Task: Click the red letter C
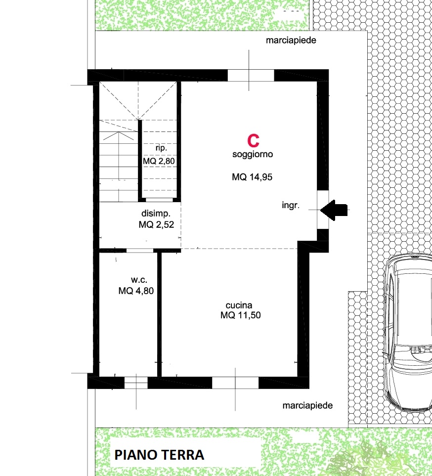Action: (253, 140)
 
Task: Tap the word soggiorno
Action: (253, 154)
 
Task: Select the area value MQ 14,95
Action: (252, 177)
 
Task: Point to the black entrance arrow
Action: (334, 210)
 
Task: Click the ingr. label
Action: (291, 205)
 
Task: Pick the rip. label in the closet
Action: (161, 148)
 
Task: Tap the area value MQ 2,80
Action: (159, 161)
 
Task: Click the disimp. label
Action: (156, 214)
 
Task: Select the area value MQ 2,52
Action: (156, 224)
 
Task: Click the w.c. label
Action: (139, 280)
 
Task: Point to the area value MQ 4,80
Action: (136, 291)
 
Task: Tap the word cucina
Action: (239, 305)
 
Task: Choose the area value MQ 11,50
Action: (240, 315)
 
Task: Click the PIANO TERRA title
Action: (159, 455)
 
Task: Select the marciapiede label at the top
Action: (291, 41)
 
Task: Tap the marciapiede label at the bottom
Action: (307, 406)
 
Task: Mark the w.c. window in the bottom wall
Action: (136, 383)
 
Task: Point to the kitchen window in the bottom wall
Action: (235, 383)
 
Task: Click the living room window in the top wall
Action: (251, 75)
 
